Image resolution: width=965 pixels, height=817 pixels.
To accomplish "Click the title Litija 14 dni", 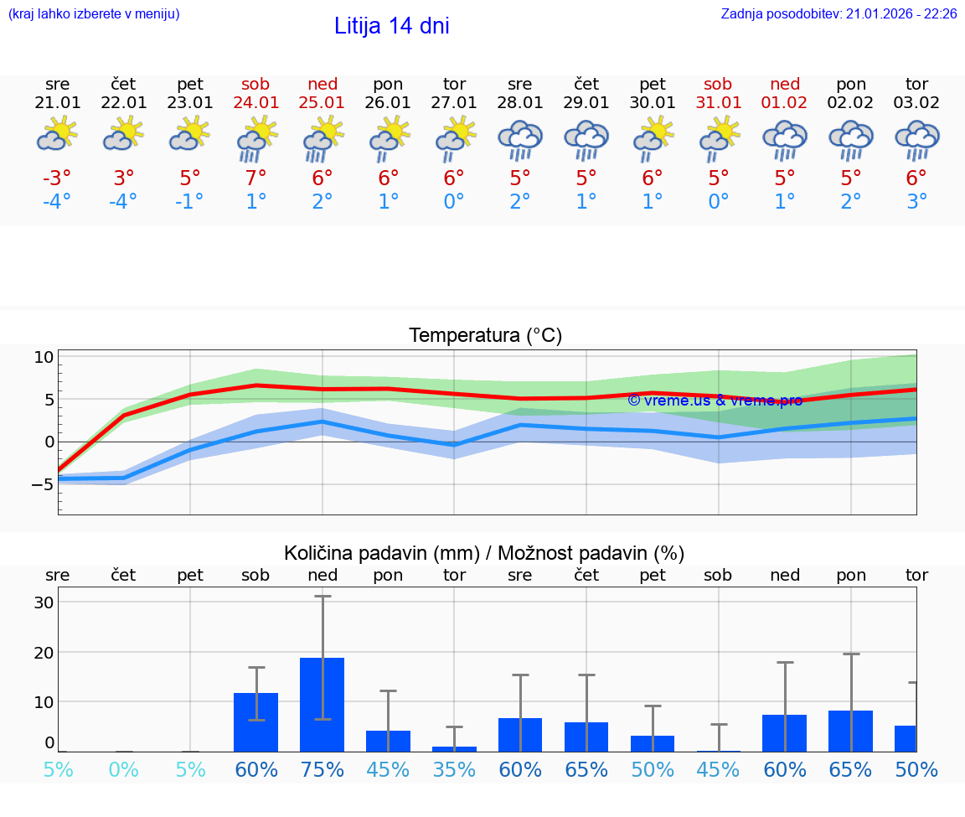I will click(x=391, y=26).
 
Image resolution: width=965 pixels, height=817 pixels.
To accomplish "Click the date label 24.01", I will click(x=256, y=102).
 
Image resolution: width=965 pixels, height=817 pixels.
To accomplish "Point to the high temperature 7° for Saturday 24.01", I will click(x=256, y=178).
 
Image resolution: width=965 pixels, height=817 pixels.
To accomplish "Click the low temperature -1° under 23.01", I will click(x=190, y=202).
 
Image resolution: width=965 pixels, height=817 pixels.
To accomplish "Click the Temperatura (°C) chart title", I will click(x=485, y=336).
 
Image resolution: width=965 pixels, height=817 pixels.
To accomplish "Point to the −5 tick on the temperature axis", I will click(x=44, y=484).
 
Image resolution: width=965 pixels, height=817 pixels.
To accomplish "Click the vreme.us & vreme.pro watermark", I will click(x=715, y=401).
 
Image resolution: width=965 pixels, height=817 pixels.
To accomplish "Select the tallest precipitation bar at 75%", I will click(x=323, y=704).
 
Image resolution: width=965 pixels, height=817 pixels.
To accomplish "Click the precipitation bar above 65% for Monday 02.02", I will click(x=851, y=731).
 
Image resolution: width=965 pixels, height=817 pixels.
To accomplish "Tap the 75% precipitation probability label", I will click(x=323, y=769).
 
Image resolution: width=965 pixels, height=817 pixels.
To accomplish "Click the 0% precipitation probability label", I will click(x=124, y=769).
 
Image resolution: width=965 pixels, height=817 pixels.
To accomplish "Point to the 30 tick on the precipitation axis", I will click(x=44, y=602).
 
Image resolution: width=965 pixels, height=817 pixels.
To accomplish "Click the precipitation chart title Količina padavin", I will click(x=484, y=553).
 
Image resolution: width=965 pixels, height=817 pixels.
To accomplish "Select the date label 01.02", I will click(x=785, y=102).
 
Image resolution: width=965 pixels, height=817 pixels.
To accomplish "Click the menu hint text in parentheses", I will click(x=93, y=13).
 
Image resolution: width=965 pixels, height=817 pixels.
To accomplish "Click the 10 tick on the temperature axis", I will click(x=44, y=357).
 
